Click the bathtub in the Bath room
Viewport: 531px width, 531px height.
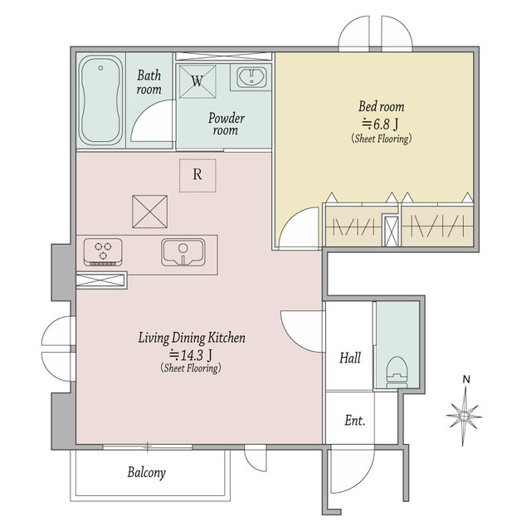tap(100, 100)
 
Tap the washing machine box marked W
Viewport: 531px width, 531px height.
tap(197, 81)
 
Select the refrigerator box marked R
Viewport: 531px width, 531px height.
tap(197, 175)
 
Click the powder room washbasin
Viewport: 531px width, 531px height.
tap(251, 77)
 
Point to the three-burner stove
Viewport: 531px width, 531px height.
tap(103, 252)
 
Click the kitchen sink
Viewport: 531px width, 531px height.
tap(183, 252)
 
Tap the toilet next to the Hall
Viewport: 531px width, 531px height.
tap(397, 372)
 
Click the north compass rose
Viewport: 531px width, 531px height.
tap(465, 416)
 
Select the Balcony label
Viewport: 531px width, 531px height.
tap(147, 473)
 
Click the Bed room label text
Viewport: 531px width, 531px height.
tap(382, 107)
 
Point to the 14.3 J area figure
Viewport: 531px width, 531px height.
tap(191, 355)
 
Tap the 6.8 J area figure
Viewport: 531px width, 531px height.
tap(381, 124)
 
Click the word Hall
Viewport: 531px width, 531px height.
tap(350, 358)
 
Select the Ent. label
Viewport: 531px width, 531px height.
tap(354, 421)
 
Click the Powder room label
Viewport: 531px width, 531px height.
tap(226, 124)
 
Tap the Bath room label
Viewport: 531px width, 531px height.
tap(149, 82)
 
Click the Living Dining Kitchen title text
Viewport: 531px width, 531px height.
tap(192, 338)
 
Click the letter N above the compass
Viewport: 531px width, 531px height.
tap(466, 380)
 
